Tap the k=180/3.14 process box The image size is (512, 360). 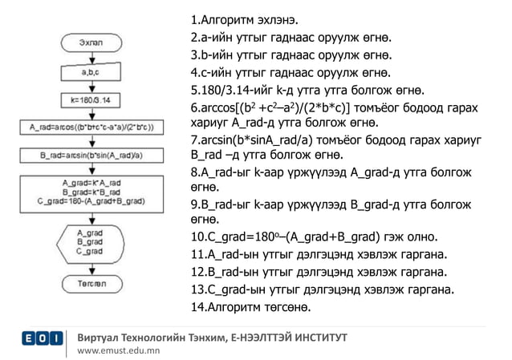pos(93,101)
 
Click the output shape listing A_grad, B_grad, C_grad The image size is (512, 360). pos(92,241)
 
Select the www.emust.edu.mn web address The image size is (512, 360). pos(118,350)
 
